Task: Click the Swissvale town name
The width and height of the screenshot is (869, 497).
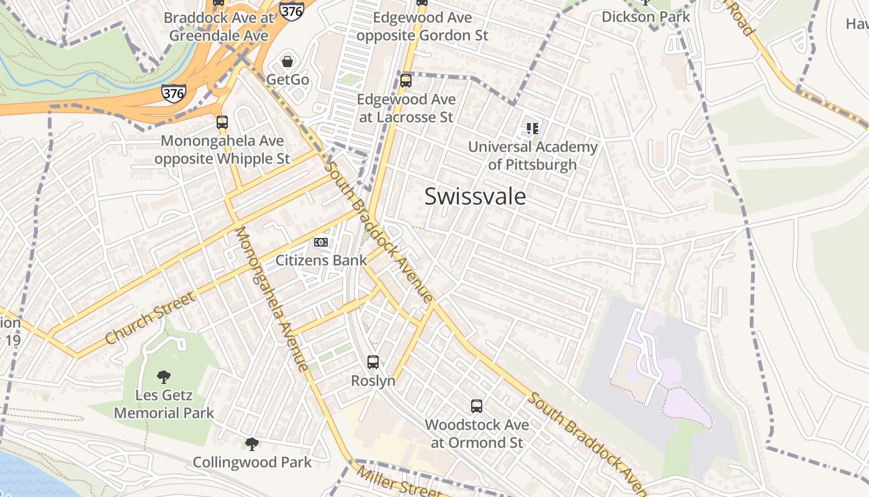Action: point(475,196)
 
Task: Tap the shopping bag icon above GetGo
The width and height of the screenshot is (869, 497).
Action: point(287,62)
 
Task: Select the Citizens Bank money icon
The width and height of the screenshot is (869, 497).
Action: point(321,242)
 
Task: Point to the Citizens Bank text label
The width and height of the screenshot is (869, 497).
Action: point(321,260)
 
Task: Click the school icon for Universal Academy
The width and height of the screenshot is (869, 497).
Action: point(532,129)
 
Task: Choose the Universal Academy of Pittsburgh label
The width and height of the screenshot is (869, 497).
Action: point(533,156)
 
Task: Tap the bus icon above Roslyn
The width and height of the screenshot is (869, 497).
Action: point(373,362)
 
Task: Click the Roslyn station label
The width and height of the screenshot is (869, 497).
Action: point(373,380)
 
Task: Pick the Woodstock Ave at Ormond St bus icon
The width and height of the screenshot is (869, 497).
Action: point(477,406)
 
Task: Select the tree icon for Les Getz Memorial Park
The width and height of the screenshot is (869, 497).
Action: point(164,376)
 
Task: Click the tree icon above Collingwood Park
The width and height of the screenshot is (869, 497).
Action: point(252,444)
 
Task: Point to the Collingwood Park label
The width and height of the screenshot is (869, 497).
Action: point(252,462)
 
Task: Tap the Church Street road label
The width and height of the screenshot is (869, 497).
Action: point(150,318)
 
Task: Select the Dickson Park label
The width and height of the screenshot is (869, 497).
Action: point(646,17)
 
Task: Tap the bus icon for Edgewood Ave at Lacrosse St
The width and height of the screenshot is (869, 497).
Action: point(406,80)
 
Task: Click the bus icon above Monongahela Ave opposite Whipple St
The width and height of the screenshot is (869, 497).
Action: point(222,122)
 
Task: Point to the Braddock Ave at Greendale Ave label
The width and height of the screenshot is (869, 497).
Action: point(218,26)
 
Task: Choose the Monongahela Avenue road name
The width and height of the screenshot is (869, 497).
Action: point(271,298)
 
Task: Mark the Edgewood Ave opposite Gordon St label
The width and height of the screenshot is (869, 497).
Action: point(422,26)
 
